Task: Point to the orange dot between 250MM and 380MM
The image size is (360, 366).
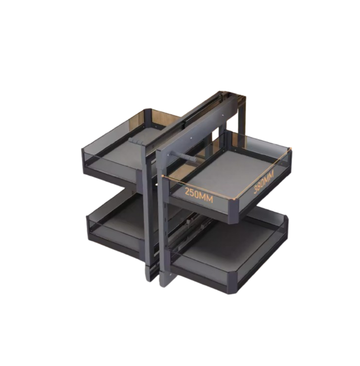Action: (232, 199)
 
